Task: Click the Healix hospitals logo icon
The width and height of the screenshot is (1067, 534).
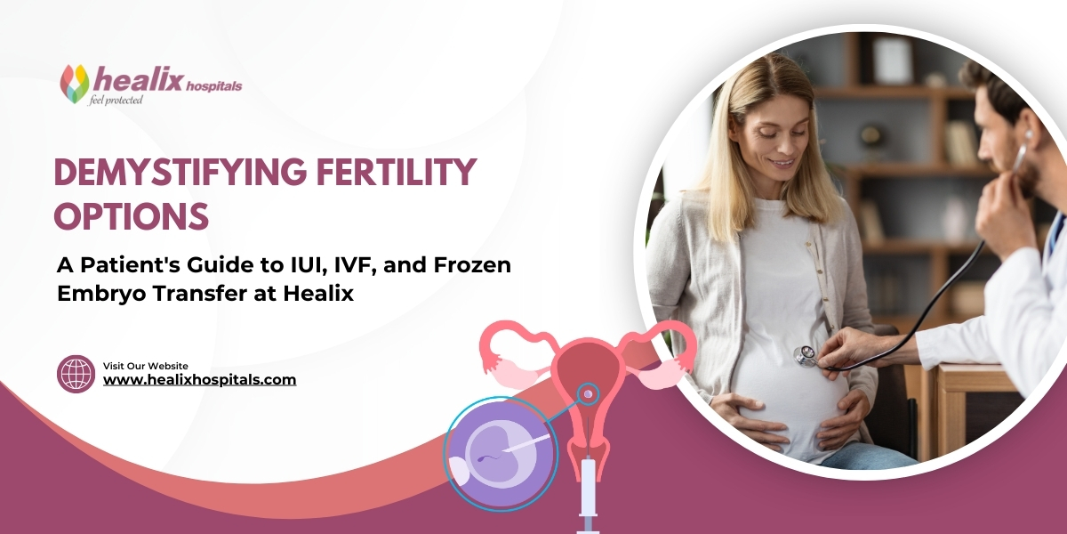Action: [75, 83]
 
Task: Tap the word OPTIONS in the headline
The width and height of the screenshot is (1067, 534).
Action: [131, 215]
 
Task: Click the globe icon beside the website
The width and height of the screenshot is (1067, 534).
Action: [75, 374]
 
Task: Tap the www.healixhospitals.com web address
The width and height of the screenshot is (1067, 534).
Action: [199, 380]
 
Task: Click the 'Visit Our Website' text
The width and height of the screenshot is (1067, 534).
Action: [146, 366]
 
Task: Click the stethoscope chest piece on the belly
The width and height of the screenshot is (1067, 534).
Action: [806, 356]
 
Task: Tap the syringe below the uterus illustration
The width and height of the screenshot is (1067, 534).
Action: [588, 494]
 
